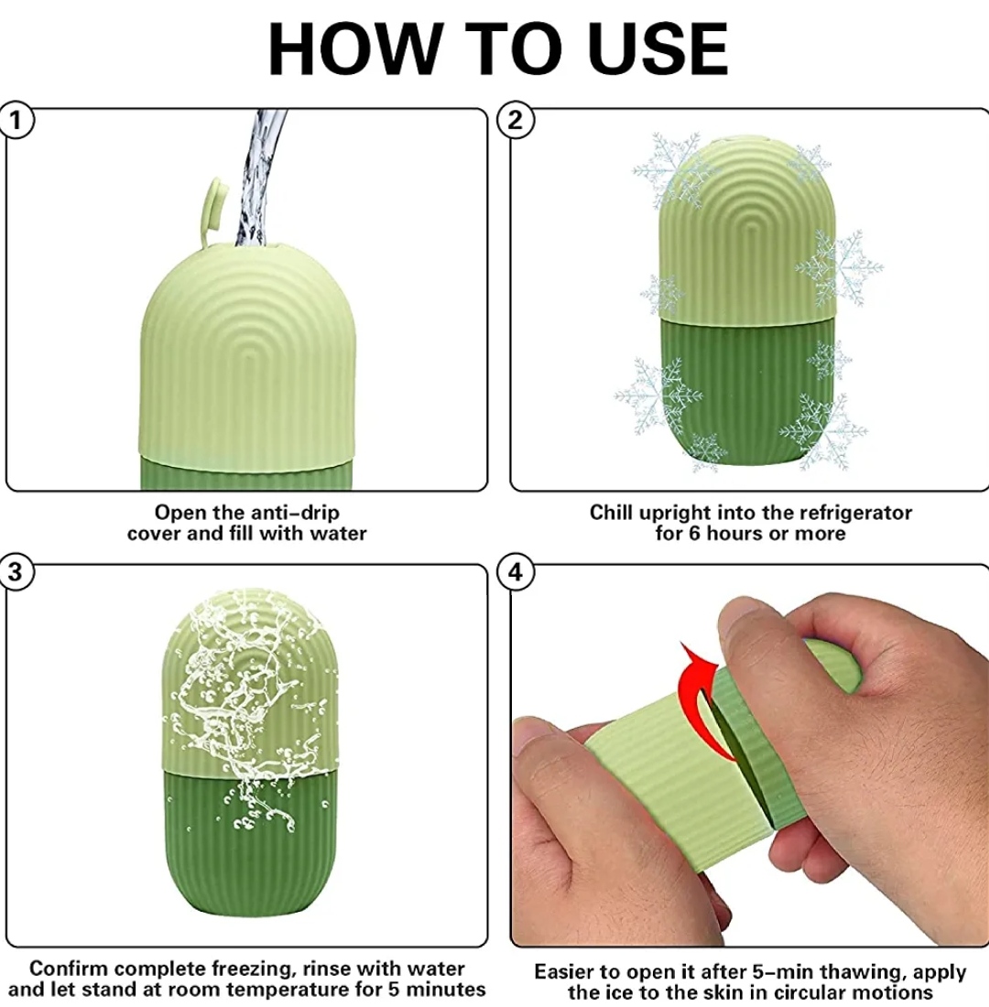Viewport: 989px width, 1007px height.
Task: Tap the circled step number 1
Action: click(x=16, y=121)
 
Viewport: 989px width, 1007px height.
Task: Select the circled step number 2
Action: click(x=516, y=120)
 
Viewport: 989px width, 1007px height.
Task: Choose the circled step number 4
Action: click(x=516, y=571)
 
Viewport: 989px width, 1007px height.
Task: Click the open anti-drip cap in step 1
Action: click(x=214, y=210)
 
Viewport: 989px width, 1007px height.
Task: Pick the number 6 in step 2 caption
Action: click(x=694, y=534)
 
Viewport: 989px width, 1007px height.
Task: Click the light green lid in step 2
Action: click(x=746, y=228)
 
